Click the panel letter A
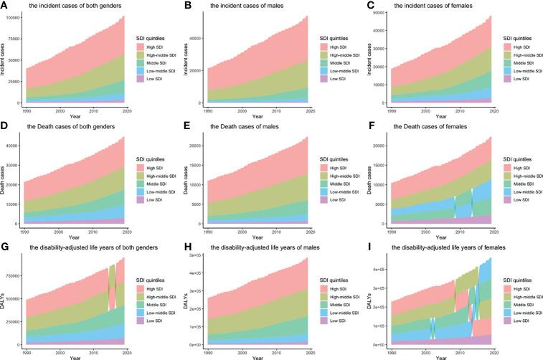[x=4, y=6]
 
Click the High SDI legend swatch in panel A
[x=141, y=46]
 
